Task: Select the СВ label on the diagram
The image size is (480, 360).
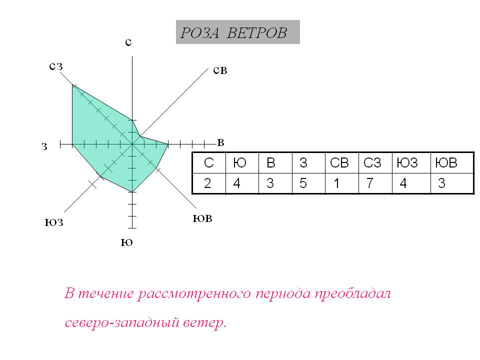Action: pyautogui.click(x=220, y=71)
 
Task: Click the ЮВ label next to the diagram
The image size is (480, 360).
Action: pyautogui.click(x=202, y=219)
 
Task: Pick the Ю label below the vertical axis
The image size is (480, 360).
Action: pyautogui.click(x=127, y=243)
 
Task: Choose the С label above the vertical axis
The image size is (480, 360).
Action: pyautogui.click(x=128, y=43)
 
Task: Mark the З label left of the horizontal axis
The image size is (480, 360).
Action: pyautogui.click(x=44, y=146)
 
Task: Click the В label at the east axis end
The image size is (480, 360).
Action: pyautogui.click(x=220, y=143)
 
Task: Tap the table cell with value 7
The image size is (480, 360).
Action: pyautogui.click(x=370, y=183)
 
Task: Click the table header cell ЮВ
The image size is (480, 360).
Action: pyautogui.click(x=447, y=163)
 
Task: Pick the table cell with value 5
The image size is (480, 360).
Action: pyautogui.click(x=303, y=183)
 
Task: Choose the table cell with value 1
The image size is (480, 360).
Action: pyautogui.click(x=336, y=183)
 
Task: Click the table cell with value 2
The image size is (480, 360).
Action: pyautogui.click(x=207, y=183)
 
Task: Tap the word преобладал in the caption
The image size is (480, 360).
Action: pyautogui.click(x=353, y=294)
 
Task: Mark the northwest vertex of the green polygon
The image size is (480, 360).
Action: pyautogui.click(x=73, y=85)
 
